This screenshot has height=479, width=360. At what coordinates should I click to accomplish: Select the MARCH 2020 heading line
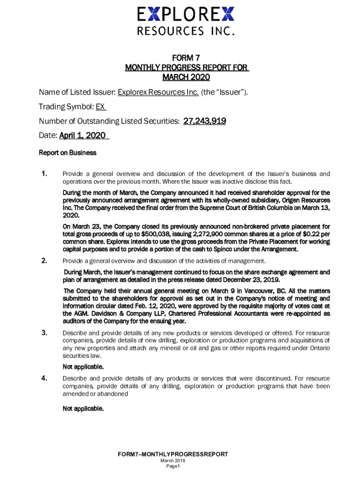186,77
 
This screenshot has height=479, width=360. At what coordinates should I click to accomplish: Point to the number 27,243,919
205,121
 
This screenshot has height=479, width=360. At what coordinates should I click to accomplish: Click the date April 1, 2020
82,136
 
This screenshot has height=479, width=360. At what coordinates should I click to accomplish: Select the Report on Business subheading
67,152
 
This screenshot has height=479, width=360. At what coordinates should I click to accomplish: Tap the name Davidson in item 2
91,313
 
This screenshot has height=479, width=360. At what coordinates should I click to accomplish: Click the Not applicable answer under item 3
83,367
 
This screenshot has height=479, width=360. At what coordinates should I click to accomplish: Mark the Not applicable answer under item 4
83,409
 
